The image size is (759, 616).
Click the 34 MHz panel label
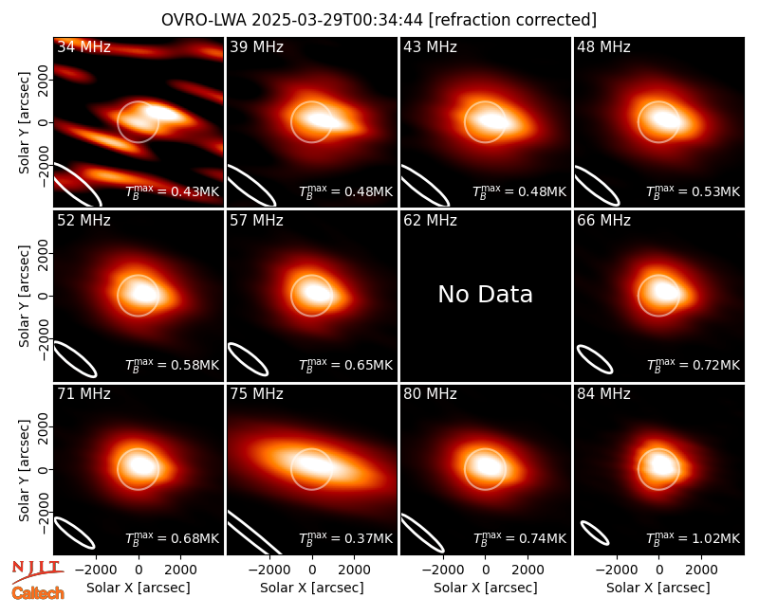click(x=83, y=46)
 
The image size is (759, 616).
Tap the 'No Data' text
click(x=485, y=294)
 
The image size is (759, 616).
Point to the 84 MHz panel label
click(x=603, y=394)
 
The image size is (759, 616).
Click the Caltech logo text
click(x=38, y=593)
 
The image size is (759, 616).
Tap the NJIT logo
click(x=37, y=571)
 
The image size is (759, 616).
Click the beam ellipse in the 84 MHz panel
click(x=595, y=533)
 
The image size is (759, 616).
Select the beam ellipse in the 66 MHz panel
click(x=595, y=359)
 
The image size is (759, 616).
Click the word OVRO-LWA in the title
click(x=204, y=20)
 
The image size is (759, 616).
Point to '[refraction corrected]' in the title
click(x=512, y=20)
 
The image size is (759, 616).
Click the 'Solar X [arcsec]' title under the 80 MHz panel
click(x=485, y=588)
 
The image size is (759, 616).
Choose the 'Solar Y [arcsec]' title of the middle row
click(x=24, y=296)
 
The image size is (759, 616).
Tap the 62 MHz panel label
click(x=431, y=221)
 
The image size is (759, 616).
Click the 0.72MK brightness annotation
click(x=694, y=364)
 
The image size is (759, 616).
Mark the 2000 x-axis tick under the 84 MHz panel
click(x=701, y=571)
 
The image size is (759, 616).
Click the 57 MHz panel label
click(x=256, y=221)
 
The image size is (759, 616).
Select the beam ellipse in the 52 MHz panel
click(x=75, y=358)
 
